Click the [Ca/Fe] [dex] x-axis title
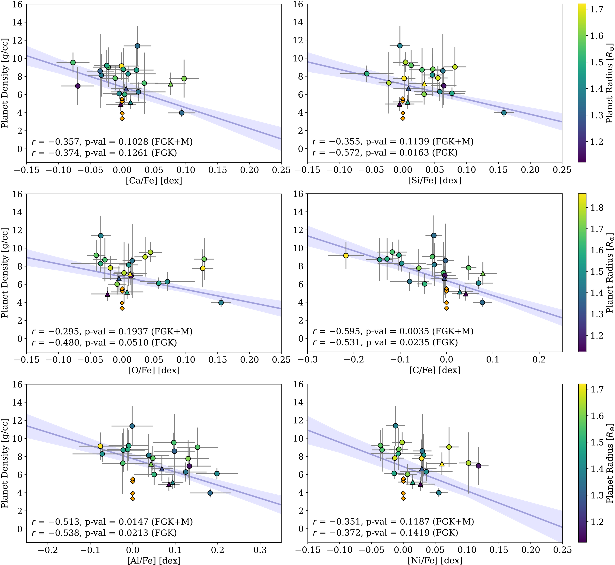[154, 181]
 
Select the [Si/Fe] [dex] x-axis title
[435, 181]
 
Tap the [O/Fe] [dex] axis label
[154, 370]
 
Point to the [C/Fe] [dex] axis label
[435, 370]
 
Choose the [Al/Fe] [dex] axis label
[154, 560]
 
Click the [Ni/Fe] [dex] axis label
[435, 560]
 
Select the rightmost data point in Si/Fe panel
[504, 113]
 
